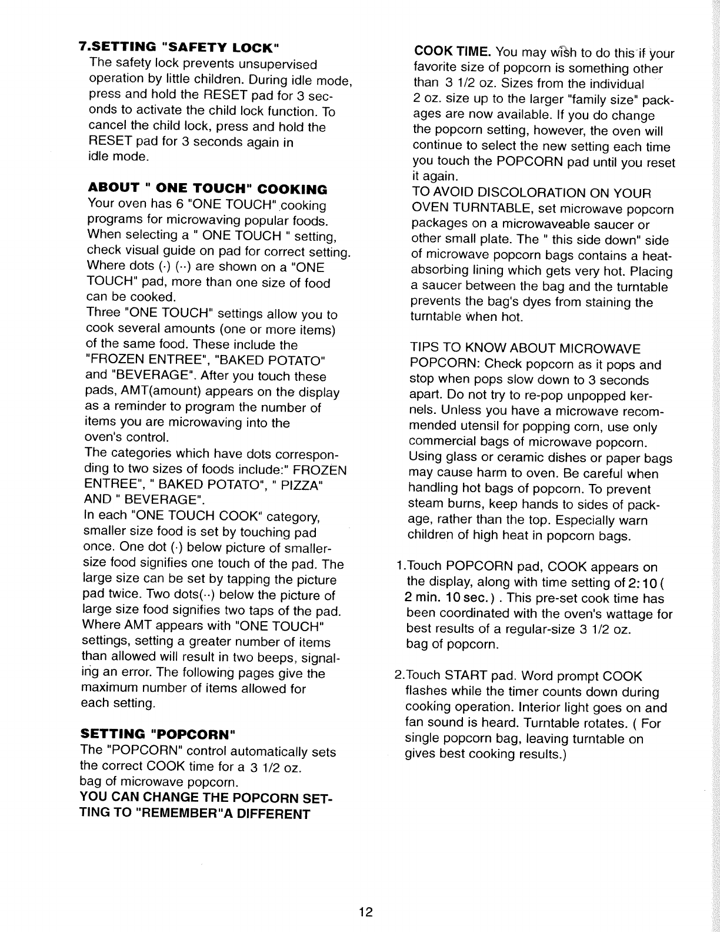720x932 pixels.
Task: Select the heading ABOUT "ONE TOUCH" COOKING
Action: pos(207,189)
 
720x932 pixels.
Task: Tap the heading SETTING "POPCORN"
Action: pos(158,734)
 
